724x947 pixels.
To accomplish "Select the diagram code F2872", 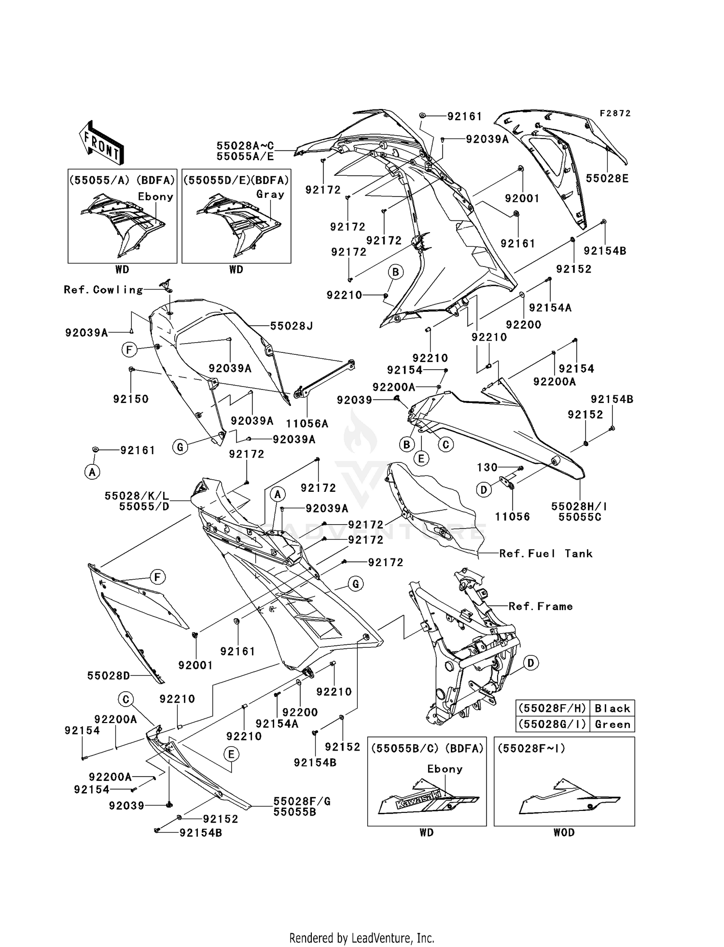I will click(615, 113).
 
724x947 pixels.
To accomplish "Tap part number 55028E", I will click(607, 179).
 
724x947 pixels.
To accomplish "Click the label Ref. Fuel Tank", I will click(545, 554).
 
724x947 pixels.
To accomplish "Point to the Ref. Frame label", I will click(541, 606).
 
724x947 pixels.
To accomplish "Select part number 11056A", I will click(307, 424).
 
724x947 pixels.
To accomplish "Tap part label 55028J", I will click(291, 326).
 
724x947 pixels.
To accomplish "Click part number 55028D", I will click(109, 675).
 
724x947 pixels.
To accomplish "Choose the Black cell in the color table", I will click(612, 708).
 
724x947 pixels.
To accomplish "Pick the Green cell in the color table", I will click(612, 724).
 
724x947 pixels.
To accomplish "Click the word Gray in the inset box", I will click(270, 195).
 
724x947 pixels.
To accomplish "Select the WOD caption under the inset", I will click(564, 832).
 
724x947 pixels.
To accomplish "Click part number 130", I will click(487, 467).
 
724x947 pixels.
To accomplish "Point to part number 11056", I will click(512, 516).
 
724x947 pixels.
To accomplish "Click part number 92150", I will click(131, 399).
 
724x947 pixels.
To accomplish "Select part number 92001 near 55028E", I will click(522, 198).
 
